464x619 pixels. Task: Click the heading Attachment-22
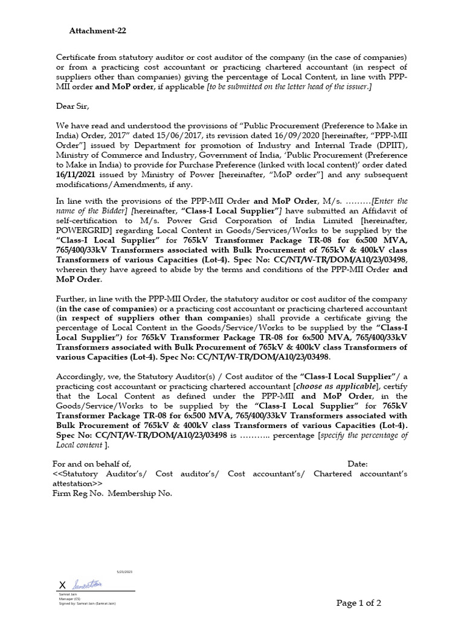[x=98, y=31]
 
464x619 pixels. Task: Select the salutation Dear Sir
[x=72, y=106]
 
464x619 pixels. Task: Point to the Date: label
[x=358, y=464]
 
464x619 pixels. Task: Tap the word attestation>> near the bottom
[x=78, y=484]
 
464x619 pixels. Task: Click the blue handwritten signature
[x=88, y=585]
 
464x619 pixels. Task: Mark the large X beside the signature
[x=62, y=585]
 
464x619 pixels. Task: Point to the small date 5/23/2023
[x=124, y=571]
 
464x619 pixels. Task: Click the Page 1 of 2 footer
[x=359, y=603]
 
